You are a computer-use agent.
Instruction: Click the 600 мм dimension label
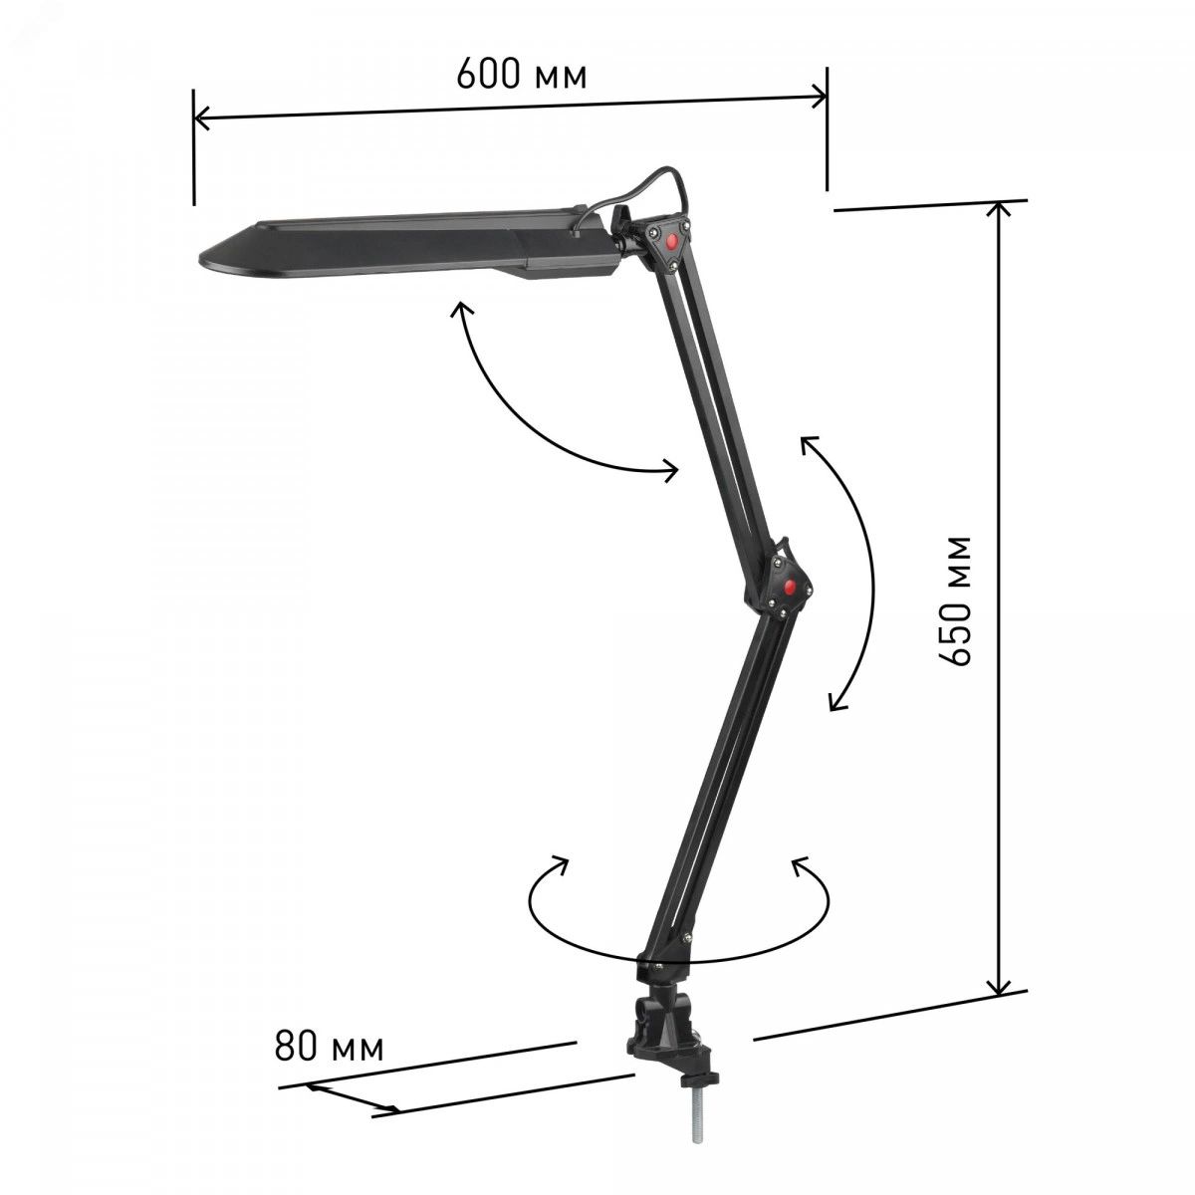click(x=521, y=75)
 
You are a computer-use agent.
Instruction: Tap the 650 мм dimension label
click(x=953, y=600)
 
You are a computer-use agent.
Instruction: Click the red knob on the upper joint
click(x=670, y=241)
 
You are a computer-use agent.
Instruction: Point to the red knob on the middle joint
click(x=790, y=587)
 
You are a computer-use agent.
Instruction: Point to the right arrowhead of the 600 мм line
click(x=818, y=98)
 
